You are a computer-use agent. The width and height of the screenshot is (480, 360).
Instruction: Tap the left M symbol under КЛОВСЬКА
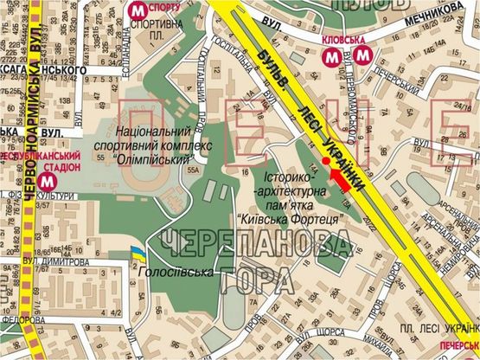[331, 56]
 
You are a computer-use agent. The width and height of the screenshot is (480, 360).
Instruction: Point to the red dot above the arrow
[325, 161]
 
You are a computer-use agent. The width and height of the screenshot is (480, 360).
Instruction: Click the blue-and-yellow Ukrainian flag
[136, 253]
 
